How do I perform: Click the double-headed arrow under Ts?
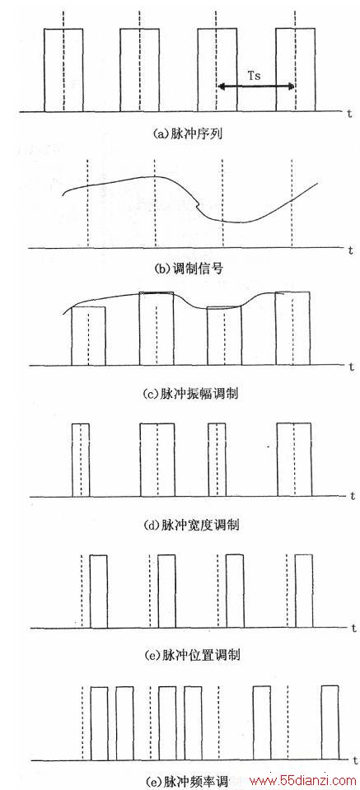pyautogui.click(x=255, y=87)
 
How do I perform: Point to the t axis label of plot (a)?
pyautogui.click(x=348, y=113)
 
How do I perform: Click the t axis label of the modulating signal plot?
pyautogui.click(x=349, y=250)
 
